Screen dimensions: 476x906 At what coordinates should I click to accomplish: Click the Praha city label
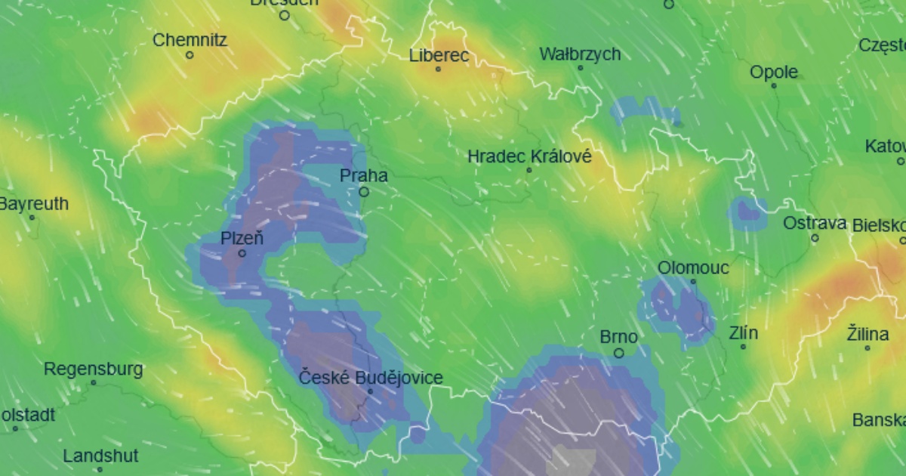[x=364, y=176]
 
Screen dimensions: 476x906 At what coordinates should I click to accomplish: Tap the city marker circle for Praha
[x=364, y=192]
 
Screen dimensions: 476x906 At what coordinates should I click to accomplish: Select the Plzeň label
[x=242, y=239]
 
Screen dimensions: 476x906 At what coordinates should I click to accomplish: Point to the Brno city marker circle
[x=619, y=353]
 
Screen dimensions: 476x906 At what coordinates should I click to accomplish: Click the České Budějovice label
[x=371, y=378]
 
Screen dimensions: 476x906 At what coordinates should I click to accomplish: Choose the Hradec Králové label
[x=529, y=157]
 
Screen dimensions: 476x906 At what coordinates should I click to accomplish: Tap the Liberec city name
[x=439, y=55]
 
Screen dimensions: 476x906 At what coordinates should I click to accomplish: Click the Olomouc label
[x=693, y=267]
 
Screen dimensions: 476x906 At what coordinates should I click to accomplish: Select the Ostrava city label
[x=815, y=224]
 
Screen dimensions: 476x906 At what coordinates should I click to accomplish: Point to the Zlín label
[x=744, y=333]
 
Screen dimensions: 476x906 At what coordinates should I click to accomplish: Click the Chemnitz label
[x=190, y=40]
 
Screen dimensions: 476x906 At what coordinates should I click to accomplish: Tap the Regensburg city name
[x=94, y=369]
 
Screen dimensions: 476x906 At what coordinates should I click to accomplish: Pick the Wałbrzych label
[x=580, y=54]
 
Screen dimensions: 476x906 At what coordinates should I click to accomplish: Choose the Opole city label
[x=774, y=73]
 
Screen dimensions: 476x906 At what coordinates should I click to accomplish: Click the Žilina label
[x=867, y=333]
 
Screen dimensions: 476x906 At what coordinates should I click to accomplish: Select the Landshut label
[x=100, y=456]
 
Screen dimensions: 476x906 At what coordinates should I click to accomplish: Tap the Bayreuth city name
[x=33, y=204]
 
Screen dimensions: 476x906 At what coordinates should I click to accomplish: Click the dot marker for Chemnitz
[x=190, y=55]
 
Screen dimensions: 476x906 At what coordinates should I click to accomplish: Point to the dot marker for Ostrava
[x=815, y=238]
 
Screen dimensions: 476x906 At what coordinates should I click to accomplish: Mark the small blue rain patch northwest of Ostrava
[x=748, y=212]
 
